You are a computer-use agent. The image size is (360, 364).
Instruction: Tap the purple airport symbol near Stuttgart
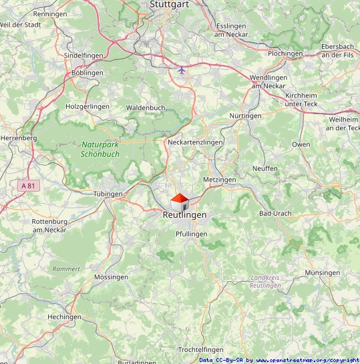click(182, 69)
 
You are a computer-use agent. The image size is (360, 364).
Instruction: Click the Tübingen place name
click(108, 194)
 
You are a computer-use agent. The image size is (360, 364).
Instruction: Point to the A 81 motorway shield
click(27, 186)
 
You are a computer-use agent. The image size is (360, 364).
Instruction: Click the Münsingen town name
click(322, 273)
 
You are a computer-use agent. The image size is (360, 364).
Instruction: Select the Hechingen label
click(64, 317)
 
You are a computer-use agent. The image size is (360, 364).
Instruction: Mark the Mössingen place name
click(112, 277)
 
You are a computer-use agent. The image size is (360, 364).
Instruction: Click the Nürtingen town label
click(245, 116)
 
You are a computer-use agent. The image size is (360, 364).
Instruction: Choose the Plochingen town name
click(285, 53)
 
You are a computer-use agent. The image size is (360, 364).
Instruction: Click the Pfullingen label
click(192, 234)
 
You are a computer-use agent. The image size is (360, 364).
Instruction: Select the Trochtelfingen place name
click(200, 350)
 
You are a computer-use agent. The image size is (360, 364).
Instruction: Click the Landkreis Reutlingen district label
click(264, 281)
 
